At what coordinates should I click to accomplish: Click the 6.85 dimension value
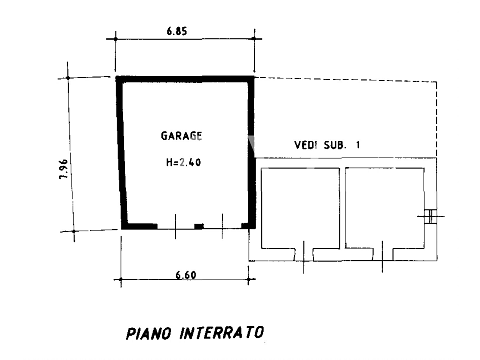(x=177, y=31)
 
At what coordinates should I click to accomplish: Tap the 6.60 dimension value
(x=186, y=275)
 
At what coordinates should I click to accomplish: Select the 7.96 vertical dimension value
(x=64, y=169)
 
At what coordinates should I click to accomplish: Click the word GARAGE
(x=181, y=136)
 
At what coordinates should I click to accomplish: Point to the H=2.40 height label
(x=183, y=162)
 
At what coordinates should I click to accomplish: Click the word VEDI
(x=306, y=145)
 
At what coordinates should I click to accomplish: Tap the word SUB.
(x=335, y=145)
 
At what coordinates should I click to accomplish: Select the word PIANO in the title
(x=149, y=333)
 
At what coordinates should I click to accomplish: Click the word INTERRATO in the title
(x=222, y=333)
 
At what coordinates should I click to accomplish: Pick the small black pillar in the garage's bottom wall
(x=199, y=226)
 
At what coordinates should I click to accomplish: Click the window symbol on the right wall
(x=431, y=216)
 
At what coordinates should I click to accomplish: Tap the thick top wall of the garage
(x=185, y=79)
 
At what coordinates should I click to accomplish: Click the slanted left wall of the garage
(x=121, y=153)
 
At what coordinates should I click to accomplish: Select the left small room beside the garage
(x=300, y=208)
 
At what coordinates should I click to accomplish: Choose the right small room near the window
(x=385, y=208)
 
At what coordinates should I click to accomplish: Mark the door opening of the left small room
(x=304, y=255)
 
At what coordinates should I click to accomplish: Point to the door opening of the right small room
(x=382, y=255)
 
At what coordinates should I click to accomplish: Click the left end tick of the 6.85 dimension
(x=116, y=39)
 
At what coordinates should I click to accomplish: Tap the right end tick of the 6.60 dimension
(x=249, y=279)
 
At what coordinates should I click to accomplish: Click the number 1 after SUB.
(x=358, y=145)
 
